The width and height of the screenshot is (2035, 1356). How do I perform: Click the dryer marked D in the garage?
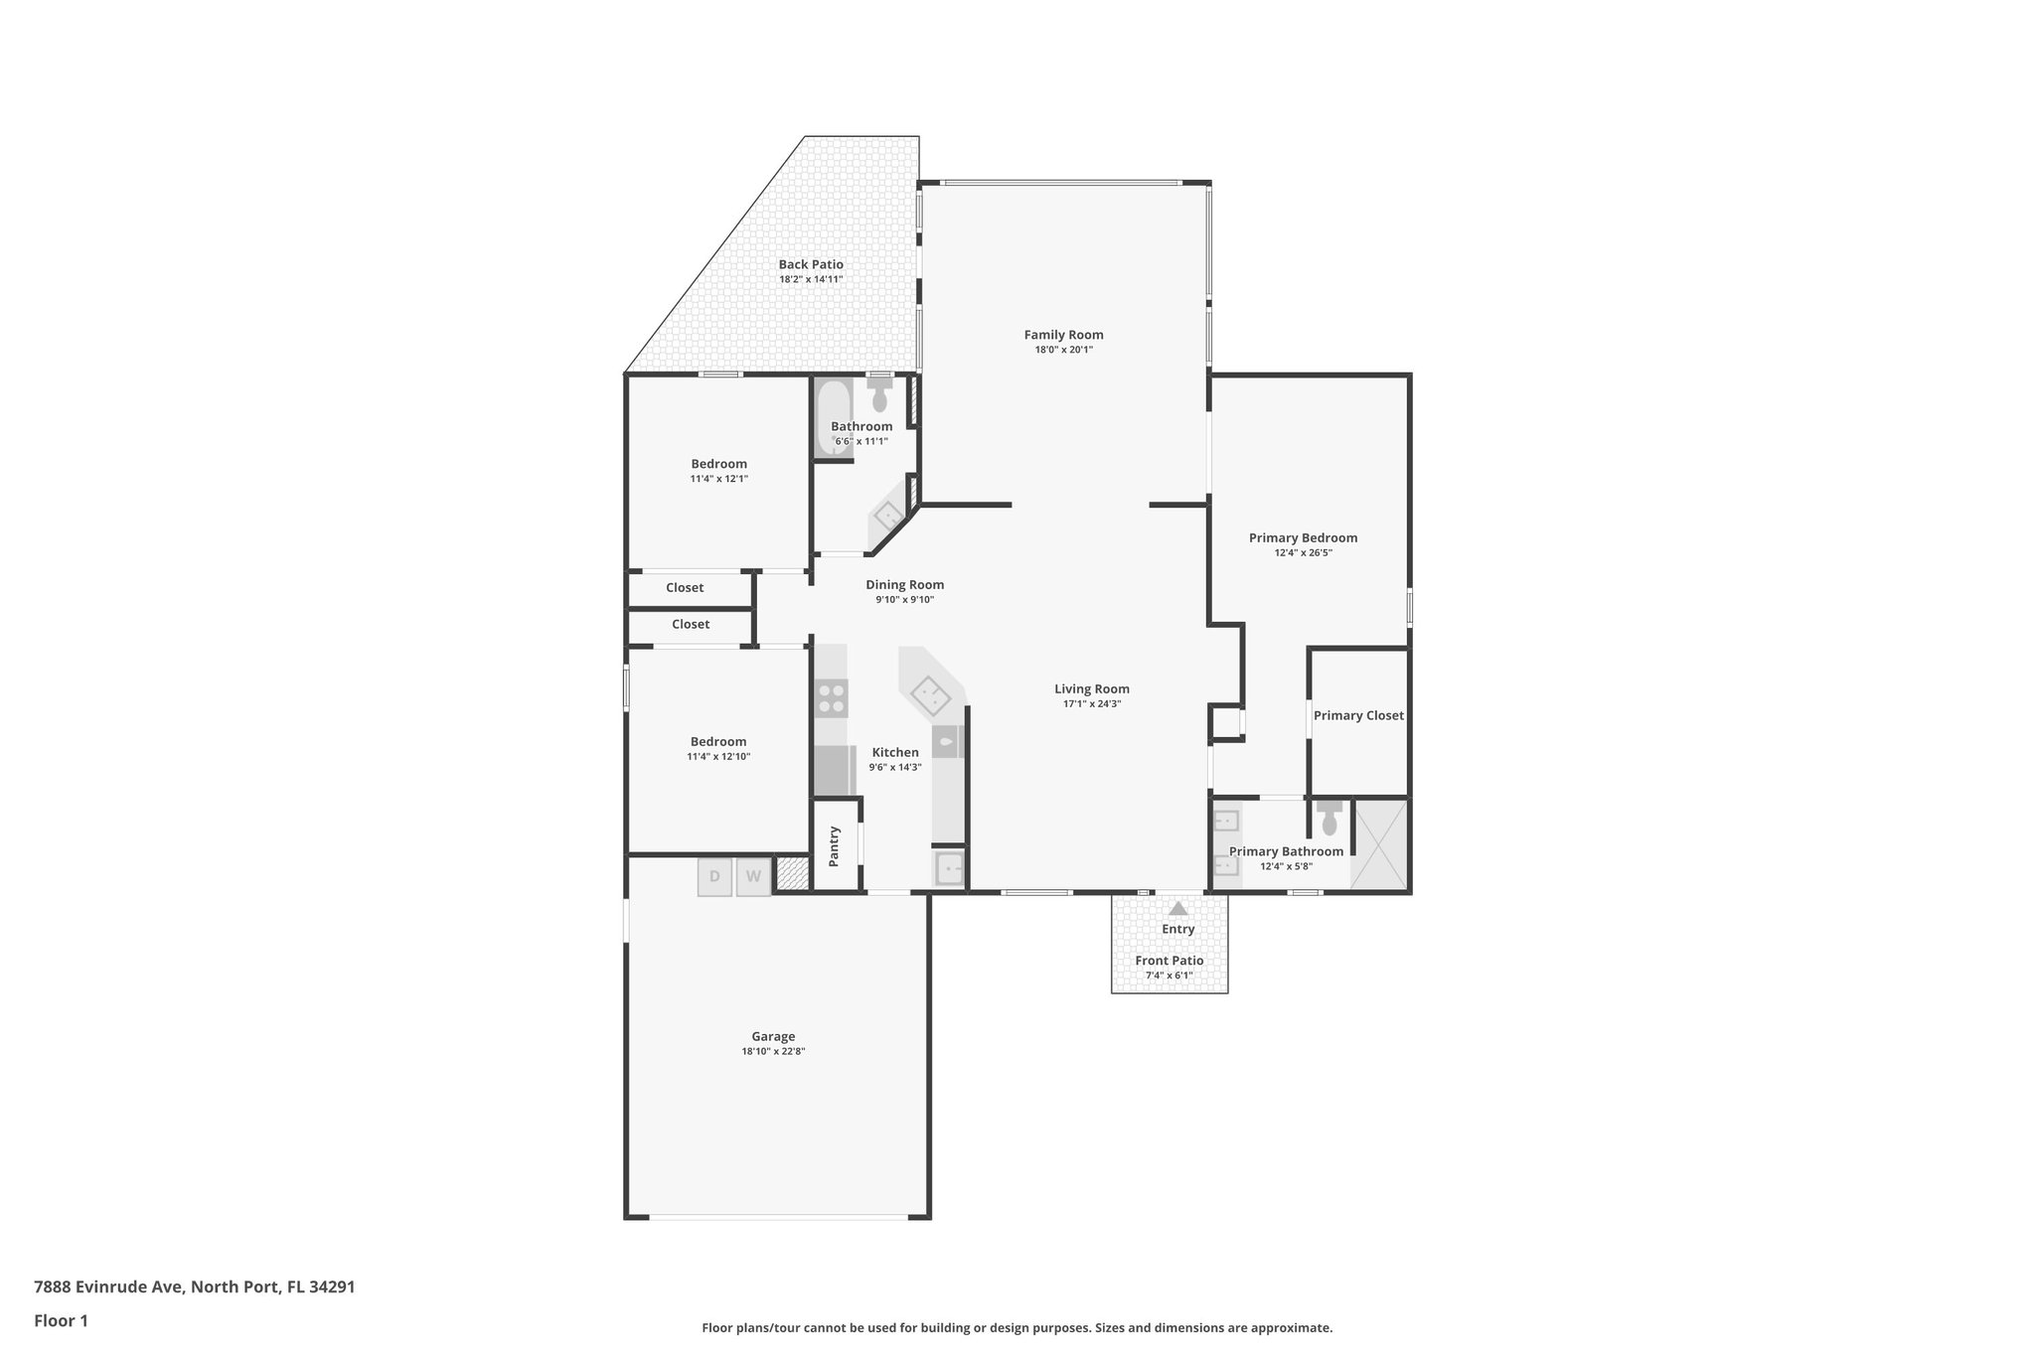click(714, 877)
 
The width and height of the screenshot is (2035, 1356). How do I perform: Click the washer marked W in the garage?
click(753, 877)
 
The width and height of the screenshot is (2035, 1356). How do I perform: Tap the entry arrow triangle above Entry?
click(1177, 908)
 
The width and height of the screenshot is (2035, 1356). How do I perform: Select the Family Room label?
click(1063, 335)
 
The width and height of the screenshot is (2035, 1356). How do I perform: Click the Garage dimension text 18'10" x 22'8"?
click(773, 1051)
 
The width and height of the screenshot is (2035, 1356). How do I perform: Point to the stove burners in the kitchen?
click(831, 697)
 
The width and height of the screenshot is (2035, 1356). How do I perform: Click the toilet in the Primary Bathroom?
click(1330, 820)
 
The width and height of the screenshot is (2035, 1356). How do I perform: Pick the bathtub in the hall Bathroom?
click(833, 417)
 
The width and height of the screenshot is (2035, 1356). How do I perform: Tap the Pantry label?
click(835, 845)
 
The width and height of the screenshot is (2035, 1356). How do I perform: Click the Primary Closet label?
click(1358, 715)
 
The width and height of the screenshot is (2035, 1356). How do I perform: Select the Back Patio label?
click(811, 264)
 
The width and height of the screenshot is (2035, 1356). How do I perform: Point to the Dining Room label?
click(904, 585)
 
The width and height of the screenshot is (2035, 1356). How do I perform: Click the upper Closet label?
click(685, 588)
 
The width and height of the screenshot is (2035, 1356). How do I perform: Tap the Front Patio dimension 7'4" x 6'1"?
click(1170, 976)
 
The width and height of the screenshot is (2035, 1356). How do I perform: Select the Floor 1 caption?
click(61, 1320)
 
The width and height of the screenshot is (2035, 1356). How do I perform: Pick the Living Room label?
click(1091, 689)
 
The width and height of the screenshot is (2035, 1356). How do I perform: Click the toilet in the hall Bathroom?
click(879, 396)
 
